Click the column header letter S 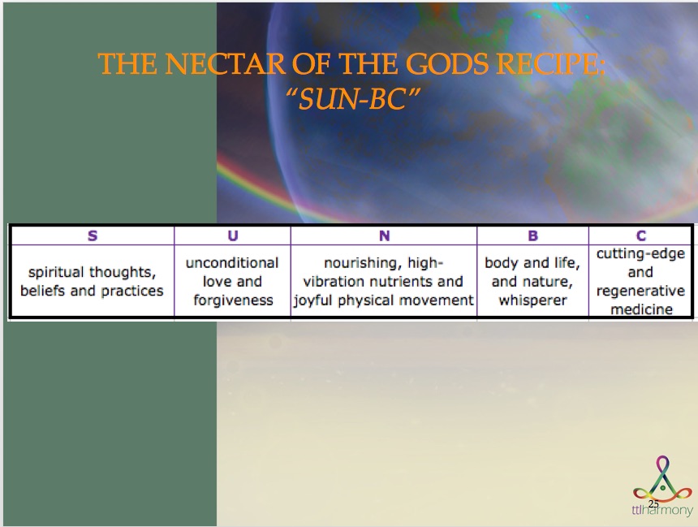(93, 235)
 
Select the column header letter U (233, 235)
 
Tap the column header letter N (384, 235)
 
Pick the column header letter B (533, 235)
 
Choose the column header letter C (641, 235)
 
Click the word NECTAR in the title (226, 63)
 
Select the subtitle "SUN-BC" (352, 98)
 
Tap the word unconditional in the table (232, 263)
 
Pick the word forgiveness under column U (233, 300)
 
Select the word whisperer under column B (533, 300)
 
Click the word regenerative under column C (640, 291)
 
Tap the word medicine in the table (641, 309)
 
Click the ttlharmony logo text (662, 510)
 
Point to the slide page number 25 (653, 503)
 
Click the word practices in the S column (132, 291)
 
